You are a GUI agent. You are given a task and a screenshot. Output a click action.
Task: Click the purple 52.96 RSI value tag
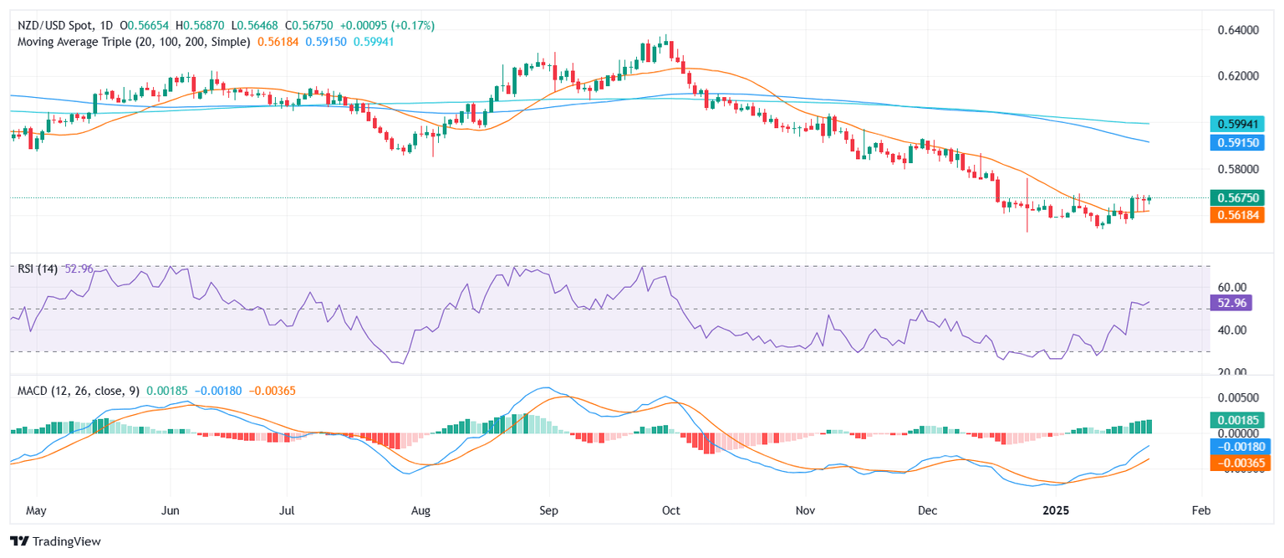point(1230,303)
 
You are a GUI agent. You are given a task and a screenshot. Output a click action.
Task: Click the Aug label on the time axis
point(421,509)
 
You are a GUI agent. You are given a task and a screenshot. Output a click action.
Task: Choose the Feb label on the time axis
point(1200,509)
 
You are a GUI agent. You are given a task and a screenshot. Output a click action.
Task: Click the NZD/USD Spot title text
point(51,26)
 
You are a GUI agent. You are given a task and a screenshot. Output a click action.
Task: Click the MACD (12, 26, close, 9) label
point(74,391)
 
